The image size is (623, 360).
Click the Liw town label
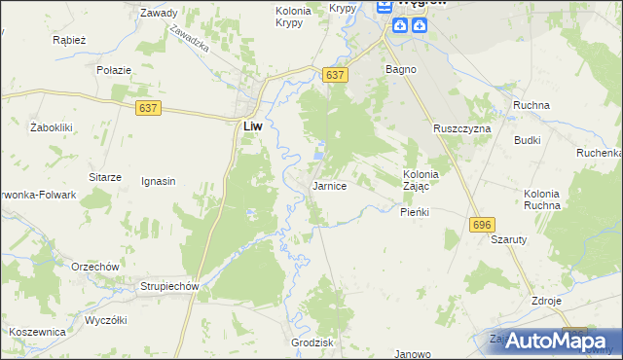pyautogui.click(x=250, y=126)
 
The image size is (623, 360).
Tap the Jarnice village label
pyautogui.click(x=329, y=186)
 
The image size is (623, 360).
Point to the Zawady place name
pyautogui.click(x=158, y=14)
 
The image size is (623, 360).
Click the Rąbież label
pyautogui.click(x=70, y=41)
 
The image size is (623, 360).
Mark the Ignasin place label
pyautogui.click(x=158, y=181)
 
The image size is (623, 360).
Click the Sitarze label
pyautogui.click(x=105, y=177)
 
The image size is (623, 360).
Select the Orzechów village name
pyautogui.click(x=94, y=267)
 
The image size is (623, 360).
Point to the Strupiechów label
pyautogui.click(x=169, y=286)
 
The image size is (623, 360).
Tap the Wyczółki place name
pyautogui.click(x=107, y=320)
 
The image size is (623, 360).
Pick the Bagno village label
pyautogui.click(x=401, y=70)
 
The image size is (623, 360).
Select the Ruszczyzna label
pyautogui.click(x=462, y=128)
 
